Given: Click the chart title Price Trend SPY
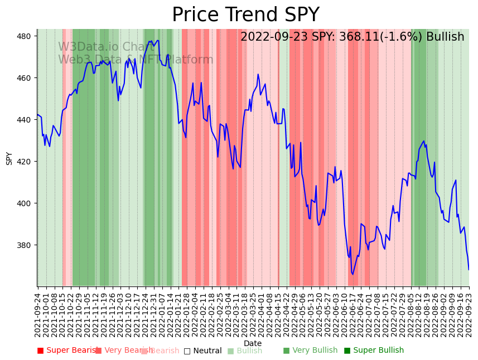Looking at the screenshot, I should click(x=245, y=15).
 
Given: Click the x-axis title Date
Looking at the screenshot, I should click(x=253, y=343).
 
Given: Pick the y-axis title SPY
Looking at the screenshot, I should click(x=9, y=158).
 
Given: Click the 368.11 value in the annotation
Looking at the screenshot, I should click(x=355, y=37).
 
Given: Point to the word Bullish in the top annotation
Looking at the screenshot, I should click(x=445, y=37).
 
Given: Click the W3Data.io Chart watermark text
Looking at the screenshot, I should click(x=106, y=47).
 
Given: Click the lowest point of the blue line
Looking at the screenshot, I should click(x=353, y=274).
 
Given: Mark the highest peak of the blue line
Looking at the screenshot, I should click(x=158, y=40).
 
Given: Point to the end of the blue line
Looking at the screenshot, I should click(x=469, y=270).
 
